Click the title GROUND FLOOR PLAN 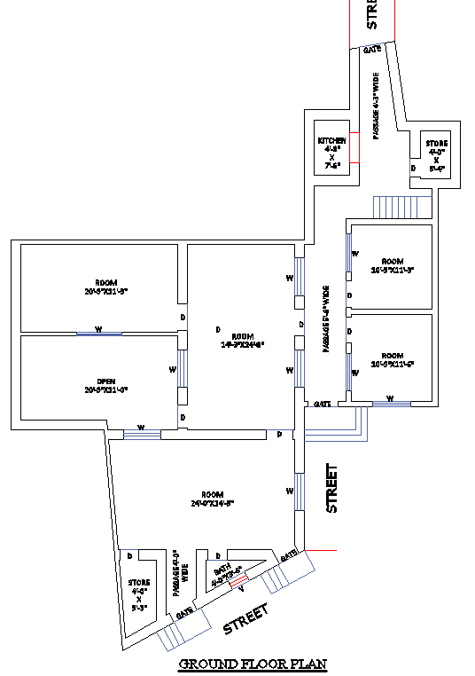click(x=253, y=664)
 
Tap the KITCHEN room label click(x=331, y=142)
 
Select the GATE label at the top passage click(x=372, y=50)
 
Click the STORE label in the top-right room click(x=436, y=144)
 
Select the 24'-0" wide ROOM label click(x=212, y=494)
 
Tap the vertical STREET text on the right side click(x=332, y=488)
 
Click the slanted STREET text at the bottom click(x=245, y=618)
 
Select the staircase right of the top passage click(x=403, y=206)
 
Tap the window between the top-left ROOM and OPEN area click(x=98, y=334)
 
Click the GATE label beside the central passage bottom click(x=323, y=404)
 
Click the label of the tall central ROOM click(x=242, y=336)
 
